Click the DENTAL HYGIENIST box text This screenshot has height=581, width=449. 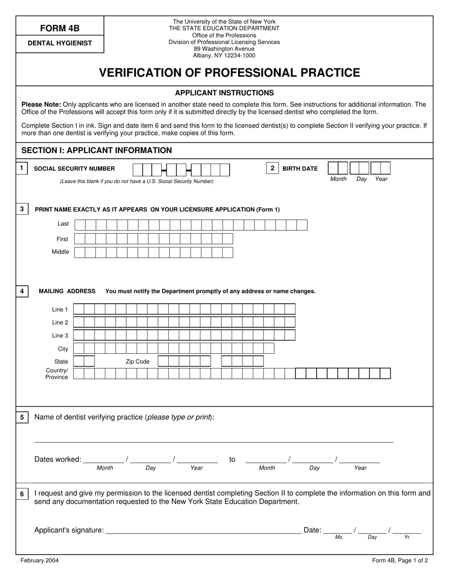tap(60, 43)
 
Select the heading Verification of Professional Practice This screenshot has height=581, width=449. tap(229, 73)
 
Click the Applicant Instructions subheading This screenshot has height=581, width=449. tap(224, 93)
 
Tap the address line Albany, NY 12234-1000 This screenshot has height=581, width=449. tap(224, 55)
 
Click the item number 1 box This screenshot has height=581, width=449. tap(22, 168)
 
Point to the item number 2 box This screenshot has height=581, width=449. tap(272, 168)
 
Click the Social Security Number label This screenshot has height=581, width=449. tap(74, 169)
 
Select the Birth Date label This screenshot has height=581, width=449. tap(300, 169)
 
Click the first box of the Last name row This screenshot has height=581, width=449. tap(80, 225)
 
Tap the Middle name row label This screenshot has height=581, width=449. tap(60, 252)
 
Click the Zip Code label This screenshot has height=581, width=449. tap(137, 361)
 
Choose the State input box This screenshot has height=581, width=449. tap(84, 361)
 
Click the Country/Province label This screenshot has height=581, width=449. tap(57, 374)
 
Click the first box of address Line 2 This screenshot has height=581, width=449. tap(78, 323)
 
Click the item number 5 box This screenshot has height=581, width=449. tap(22, 418)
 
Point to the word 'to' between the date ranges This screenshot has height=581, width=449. tap(232, 459)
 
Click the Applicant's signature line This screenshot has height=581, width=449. tap(203, 530)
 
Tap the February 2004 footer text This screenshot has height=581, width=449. tap(40, 561)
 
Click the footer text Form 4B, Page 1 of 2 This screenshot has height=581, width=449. tap(400, 561)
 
